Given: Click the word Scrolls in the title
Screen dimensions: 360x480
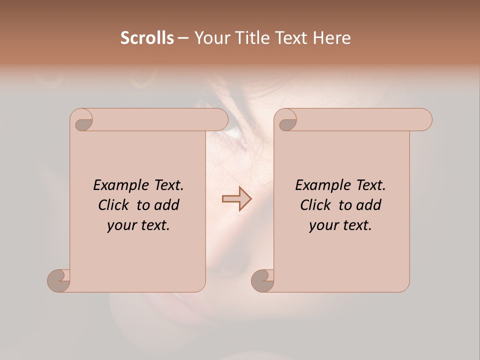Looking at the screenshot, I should (x=147, y=38).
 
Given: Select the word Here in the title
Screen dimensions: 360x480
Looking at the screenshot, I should (x=332, y=38).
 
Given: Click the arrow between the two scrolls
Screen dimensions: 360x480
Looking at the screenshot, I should (x=236, y=199).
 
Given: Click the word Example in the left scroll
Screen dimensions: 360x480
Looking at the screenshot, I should (x=116, y=185).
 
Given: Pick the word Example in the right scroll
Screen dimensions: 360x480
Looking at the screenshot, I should (x=318, y=185).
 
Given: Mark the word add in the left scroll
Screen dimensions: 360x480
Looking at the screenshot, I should (x=167, y=205).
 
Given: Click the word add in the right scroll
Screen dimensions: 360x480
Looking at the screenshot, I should (x=369, y=205).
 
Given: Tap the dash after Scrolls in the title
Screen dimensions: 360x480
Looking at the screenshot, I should (x=183, y=38).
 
